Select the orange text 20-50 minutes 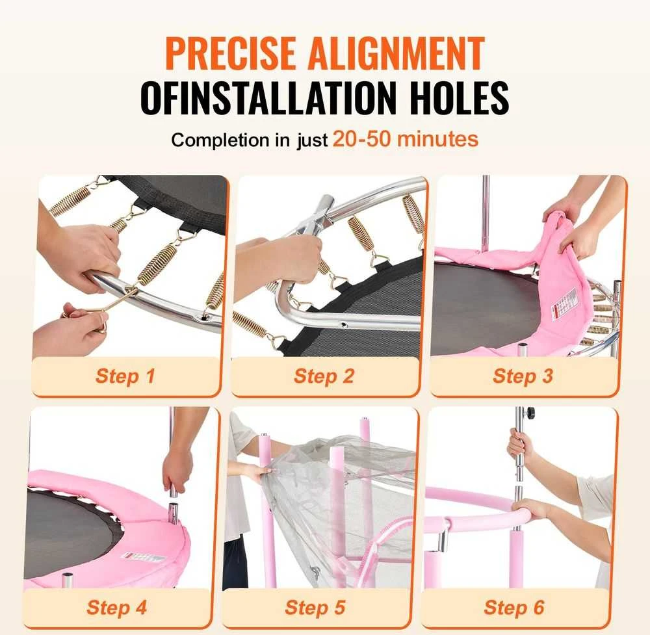coord(406,139)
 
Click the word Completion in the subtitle coord(220,140)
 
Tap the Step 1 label coord(125,376)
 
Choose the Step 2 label coord(324,376)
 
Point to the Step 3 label coord(523,376)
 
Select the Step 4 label coord(116,607)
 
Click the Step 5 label coord(315,607)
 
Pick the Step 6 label coord(514,607)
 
